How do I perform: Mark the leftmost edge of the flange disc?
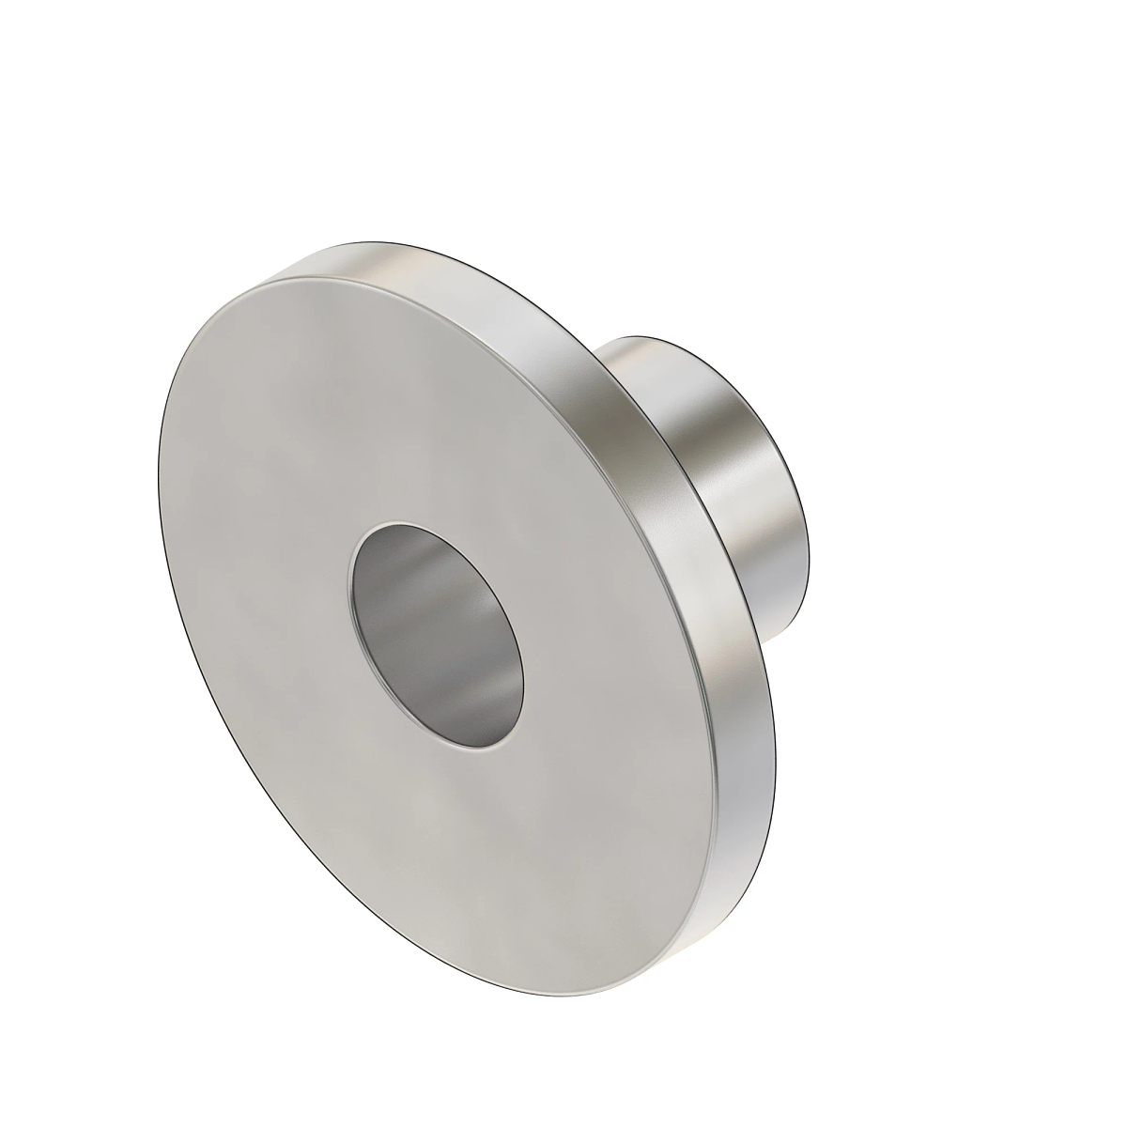click(157, 470)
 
